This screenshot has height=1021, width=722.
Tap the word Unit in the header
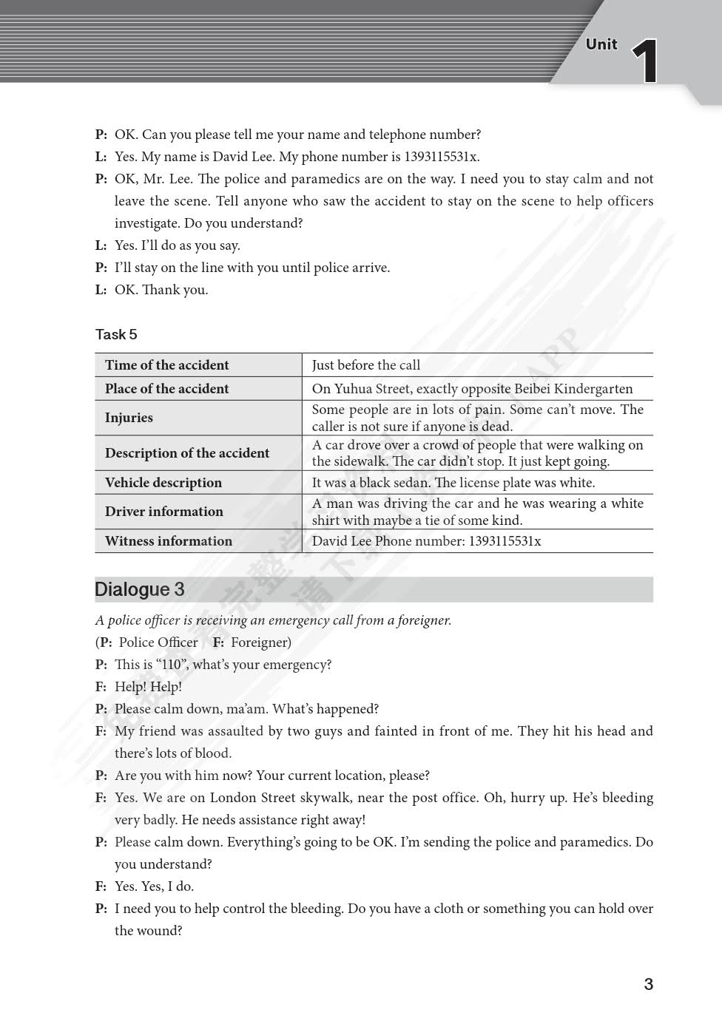[601, 44]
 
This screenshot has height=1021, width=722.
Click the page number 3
[649, 984]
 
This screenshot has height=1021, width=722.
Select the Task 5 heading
[116, 334]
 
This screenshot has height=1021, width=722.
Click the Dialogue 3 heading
[140, 589]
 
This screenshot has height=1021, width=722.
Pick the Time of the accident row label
[166, 364]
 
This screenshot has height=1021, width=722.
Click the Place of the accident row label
[166, 388]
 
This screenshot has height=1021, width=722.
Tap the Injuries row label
[129, 417]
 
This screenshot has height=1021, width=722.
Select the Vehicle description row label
[163, 482]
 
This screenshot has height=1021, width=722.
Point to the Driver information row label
[163, 511]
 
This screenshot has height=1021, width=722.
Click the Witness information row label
[168, 540]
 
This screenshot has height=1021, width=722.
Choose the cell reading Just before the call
[365, 364]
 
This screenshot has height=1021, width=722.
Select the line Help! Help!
[148, 686]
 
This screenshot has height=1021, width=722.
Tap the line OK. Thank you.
[161, 289]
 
